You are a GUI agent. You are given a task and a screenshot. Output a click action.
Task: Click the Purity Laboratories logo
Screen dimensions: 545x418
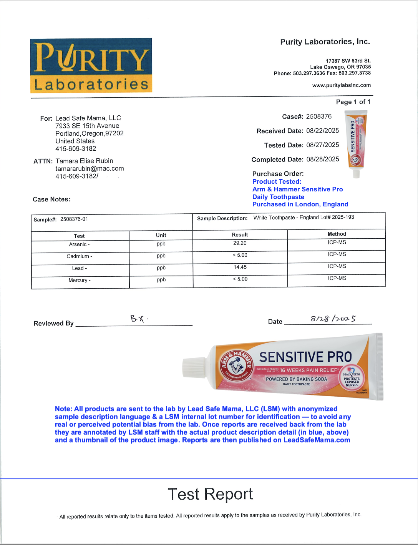click(x=91, y=65)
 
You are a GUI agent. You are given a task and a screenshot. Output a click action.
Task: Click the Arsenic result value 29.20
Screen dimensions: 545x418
click(x=240, y=243)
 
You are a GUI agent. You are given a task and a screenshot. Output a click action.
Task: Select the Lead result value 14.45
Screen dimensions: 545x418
click(x=240, y=267)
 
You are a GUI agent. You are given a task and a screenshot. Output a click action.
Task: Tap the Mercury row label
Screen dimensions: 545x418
click(x=80, y=281)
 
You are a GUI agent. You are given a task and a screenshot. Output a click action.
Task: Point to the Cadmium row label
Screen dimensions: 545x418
click(x=80, y=256)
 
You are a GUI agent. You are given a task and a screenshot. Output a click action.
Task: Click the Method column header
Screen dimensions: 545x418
click(x=337, y=234)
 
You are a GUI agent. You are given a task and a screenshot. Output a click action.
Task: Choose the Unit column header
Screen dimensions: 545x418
click(x=161, y=235)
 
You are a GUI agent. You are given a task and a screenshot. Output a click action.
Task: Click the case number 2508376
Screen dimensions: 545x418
click(x=318, y=116)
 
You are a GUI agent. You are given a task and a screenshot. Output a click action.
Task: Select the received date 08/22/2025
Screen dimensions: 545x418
click(x=322, y=131)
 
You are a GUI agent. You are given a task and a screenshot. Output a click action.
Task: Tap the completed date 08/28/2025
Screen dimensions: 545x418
click(x=322, y=159)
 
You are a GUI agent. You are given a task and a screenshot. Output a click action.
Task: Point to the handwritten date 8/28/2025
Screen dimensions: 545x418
click(x=333, y=319)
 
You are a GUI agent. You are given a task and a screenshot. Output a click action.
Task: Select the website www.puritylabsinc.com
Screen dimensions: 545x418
click(x=341, y=85)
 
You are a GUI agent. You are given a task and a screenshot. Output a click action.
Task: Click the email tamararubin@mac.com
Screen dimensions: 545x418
click(x=90, y=168)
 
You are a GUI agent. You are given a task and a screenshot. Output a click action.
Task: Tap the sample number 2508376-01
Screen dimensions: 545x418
click(x=74, y=219)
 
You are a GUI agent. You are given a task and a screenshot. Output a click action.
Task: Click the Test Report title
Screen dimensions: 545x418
click(x=210, y=494)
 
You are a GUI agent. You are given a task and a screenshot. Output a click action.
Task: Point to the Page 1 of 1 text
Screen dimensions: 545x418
click(x=353, y=102)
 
